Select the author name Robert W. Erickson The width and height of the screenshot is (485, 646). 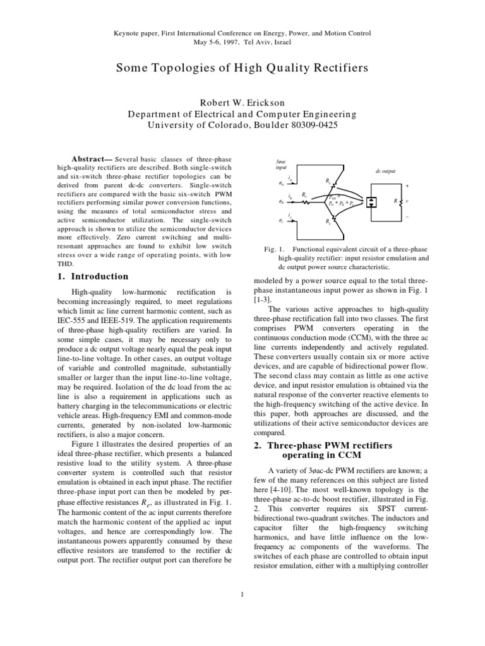(242, 103)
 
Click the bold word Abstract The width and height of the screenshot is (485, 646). (93, 158)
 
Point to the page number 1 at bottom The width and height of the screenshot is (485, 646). (242, 592)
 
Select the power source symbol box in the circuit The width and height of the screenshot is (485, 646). (371, 203)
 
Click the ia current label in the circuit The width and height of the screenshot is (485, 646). (289, 179)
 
